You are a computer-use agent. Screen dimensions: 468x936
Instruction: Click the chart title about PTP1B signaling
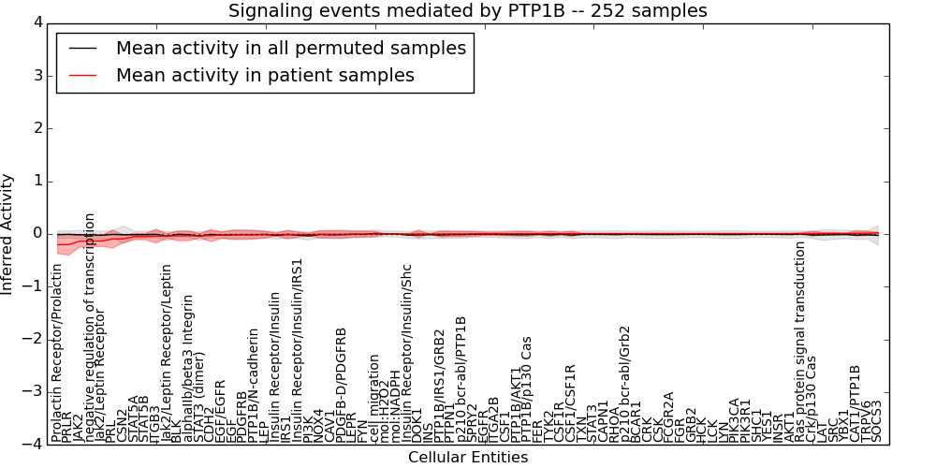[x=468, y=10]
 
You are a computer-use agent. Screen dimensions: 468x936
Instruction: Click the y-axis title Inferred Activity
[x=8, y=233]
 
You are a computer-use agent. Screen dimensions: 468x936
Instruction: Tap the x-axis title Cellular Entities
[x=468, y=458]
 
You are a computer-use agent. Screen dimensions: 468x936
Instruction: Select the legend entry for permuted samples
[x=290, y=49]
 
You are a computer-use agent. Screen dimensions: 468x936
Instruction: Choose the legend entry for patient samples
[x=265, y=75]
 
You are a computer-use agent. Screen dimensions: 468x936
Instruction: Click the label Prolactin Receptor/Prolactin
[x=57, y=353]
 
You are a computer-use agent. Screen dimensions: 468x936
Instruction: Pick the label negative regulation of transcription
[x=91, y=327]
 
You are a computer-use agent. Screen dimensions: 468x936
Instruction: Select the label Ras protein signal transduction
[x=800, y=341]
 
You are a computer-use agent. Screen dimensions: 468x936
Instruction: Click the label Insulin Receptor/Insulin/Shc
[x=406, y=352]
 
